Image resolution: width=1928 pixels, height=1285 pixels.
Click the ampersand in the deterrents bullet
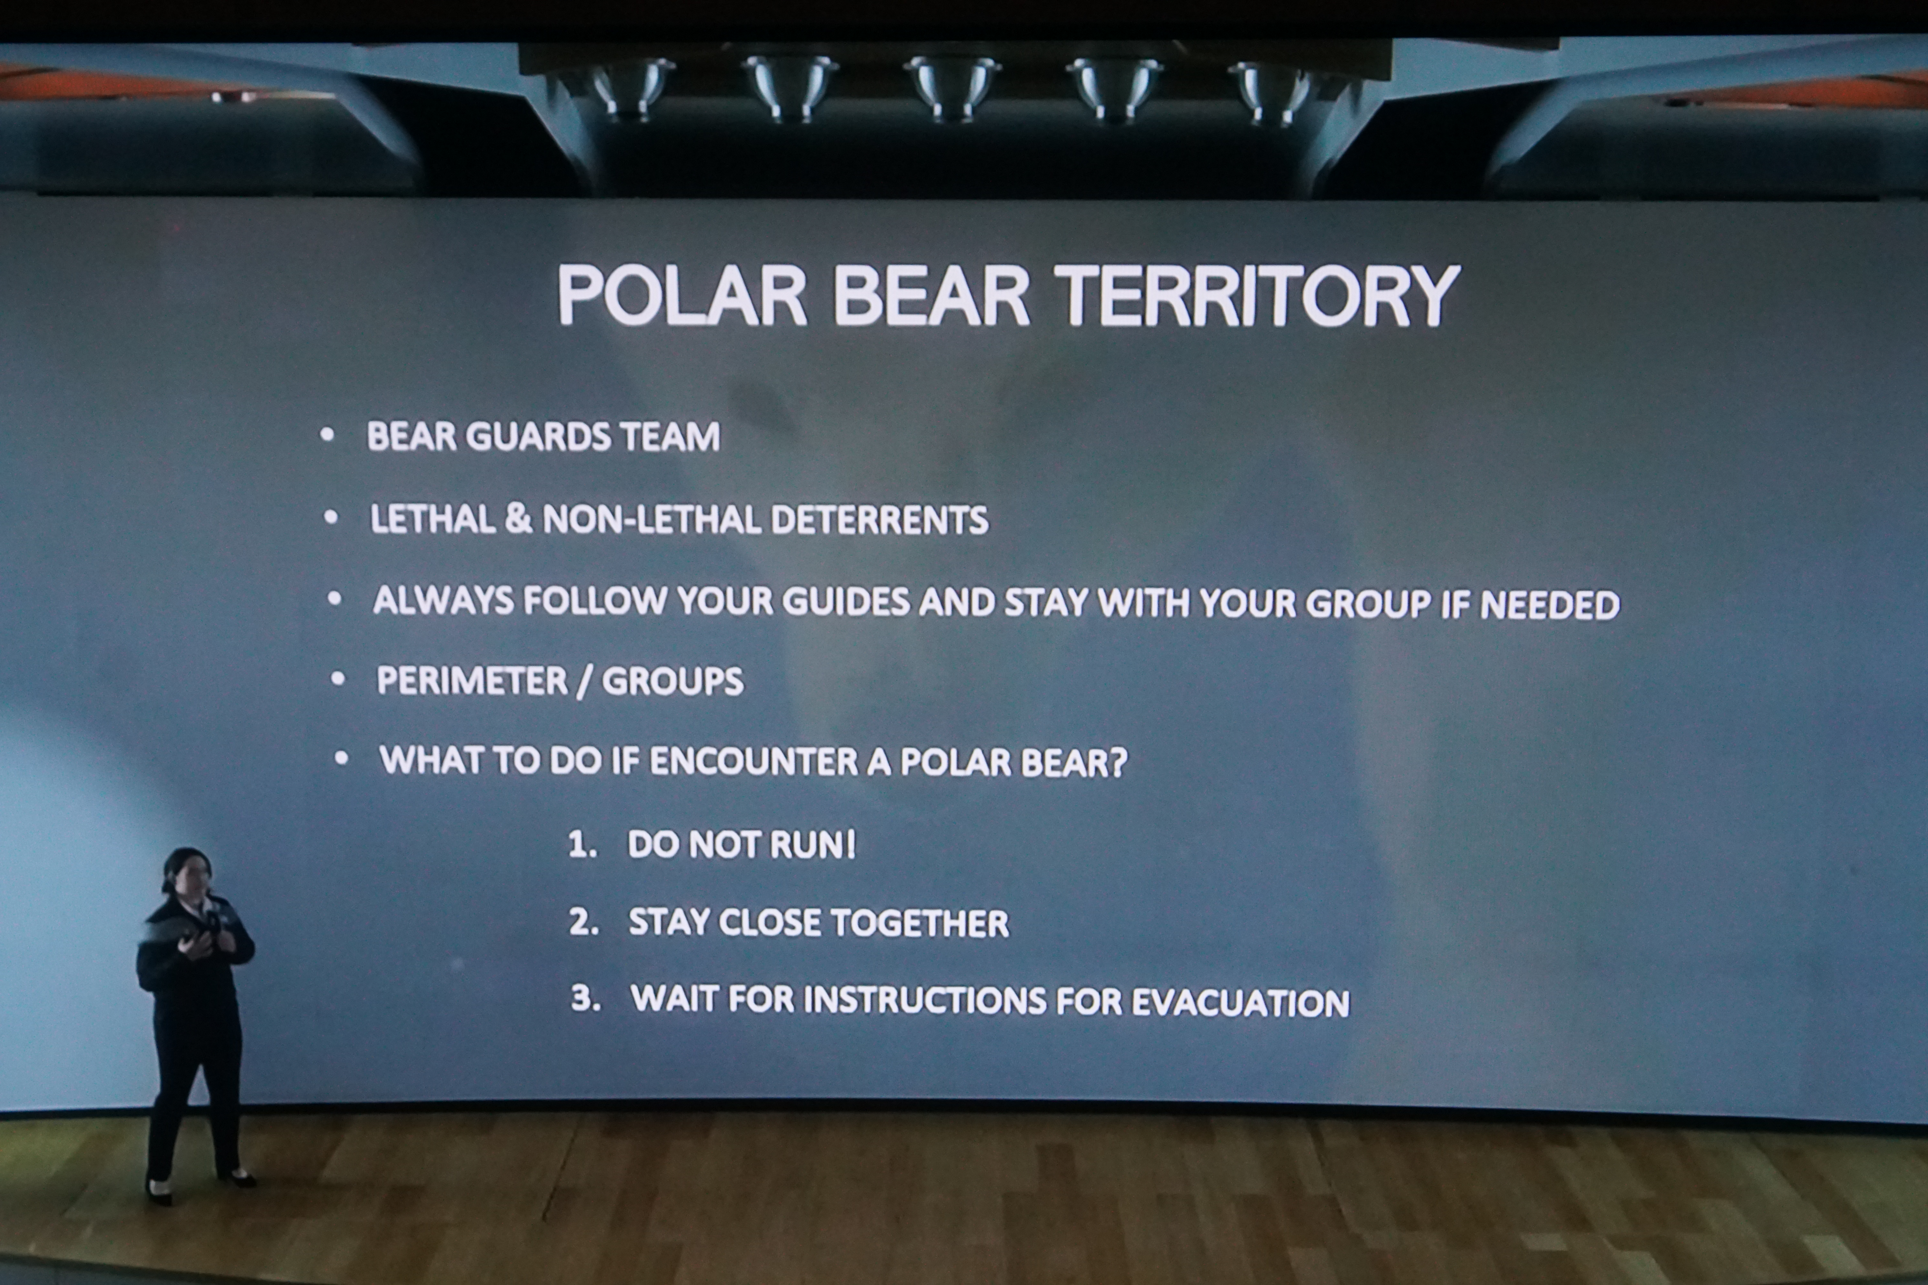518,519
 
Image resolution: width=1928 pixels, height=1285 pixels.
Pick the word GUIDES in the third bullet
845,601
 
